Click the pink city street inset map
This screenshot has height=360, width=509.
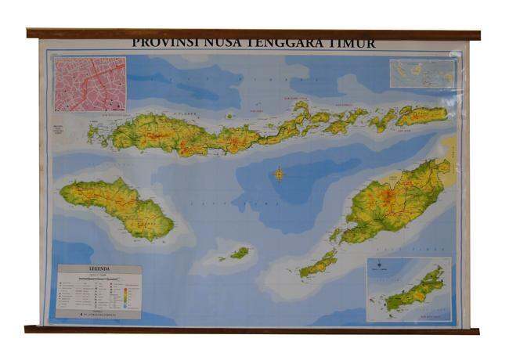coord(90,84)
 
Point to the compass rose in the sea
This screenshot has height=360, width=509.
coord(279,174)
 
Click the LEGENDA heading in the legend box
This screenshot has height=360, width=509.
coord(99,269)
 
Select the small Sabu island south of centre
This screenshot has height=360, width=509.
coord(239,253)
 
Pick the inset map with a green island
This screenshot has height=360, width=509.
coord(409,290)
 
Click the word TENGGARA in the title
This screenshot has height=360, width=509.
coord(286,43)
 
